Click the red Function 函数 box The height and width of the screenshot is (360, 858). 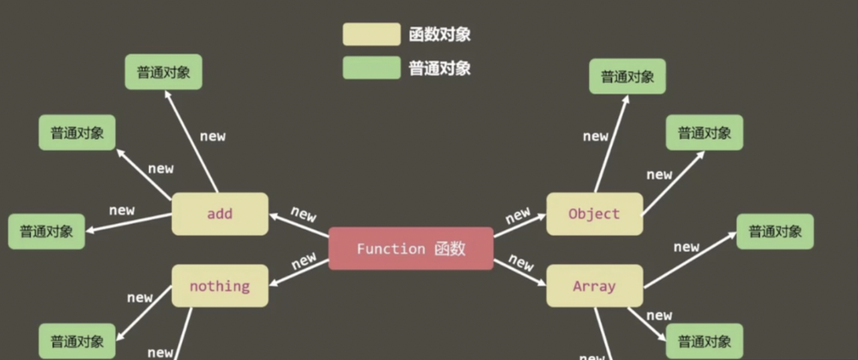click(411, 248)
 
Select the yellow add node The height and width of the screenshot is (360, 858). click(220, 214)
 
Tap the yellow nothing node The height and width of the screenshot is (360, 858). click(220, 286)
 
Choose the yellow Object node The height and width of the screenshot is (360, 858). click(594, 214)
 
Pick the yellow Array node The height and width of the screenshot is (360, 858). click(594, 286)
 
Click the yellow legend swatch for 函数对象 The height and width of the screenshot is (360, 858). click(371, 34)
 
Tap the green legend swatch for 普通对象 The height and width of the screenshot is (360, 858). click(371, 68)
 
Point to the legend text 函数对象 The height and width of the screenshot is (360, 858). click(439, 35)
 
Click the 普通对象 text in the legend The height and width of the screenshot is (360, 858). click(439, 68)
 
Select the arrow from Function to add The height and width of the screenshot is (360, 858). click(299, 226)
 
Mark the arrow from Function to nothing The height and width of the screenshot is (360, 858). click(299, 272)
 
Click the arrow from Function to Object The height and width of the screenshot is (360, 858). click(520, 227)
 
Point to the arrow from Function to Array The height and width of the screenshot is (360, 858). click(520, 271)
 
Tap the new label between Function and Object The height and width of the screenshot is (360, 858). click(518, 214)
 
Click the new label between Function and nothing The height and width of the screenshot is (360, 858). click(304, 260)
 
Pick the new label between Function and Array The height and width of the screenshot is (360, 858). click(521, 262)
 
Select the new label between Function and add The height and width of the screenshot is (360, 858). click(303, 214)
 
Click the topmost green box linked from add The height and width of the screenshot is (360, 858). click(163, 72)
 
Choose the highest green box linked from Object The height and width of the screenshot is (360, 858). click(627, 76)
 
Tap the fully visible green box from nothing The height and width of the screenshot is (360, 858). click(77, 341)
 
